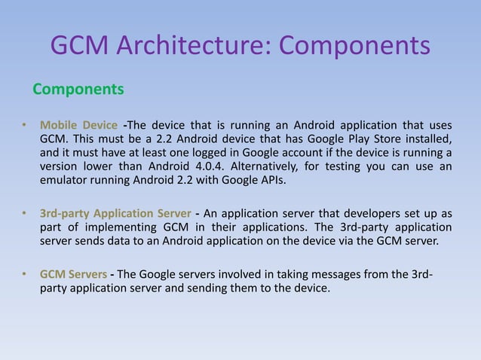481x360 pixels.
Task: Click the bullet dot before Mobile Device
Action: pos(24,125)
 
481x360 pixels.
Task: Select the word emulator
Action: pos(64,181)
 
